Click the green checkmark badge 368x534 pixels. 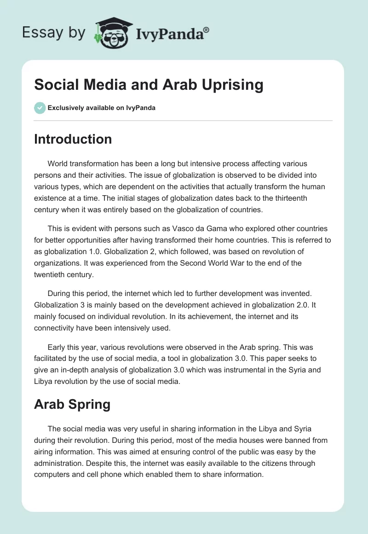(x=40, y=108)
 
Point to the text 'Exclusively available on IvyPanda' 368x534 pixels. (x=101, y=108)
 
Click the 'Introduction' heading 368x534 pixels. (x=73, y=139)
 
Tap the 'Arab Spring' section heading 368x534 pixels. (x=72, y=404)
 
